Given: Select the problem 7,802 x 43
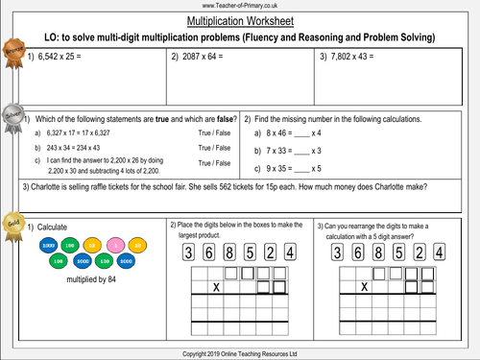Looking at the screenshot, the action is [355, 58].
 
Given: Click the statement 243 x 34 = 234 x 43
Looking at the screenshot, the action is [78, 148].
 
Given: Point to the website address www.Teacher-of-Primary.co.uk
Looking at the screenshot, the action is [239, 6].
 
